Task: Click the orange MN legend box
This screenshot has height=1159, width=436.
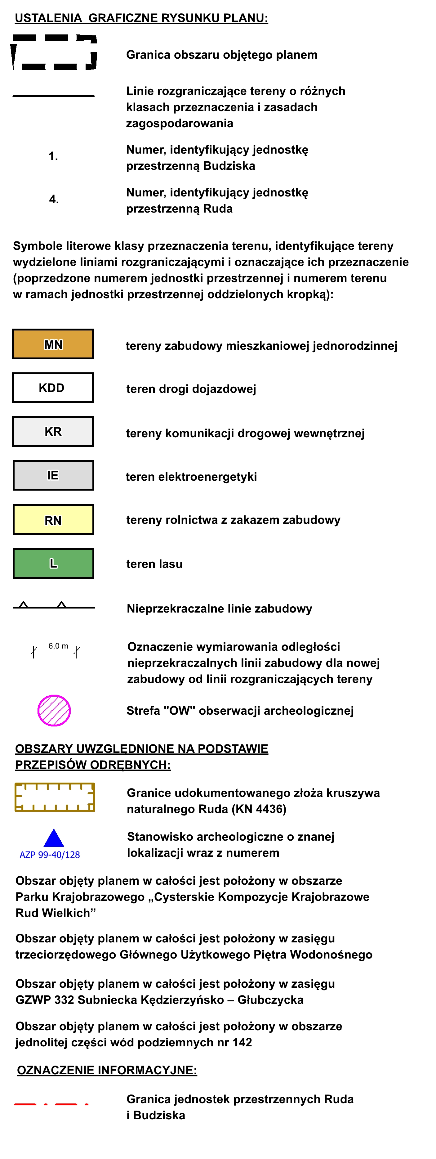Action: point(53,344)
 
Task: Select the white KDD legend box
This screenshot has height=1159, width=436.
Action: point(53,388)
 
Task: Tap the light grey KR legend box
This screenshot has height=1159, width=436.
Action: point(53,431)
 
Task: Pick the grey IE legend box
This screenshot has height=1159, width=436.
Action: point(53,475)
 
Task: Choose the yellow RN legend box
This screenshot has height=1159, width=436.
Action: point(53,520)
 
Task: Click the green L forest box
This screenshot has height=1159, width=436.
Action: point(53,563)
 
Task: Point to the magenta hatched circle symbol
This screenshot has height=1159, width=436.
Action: point(54,710)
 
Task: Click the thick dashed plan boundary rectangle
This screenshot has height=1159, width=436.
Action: point(54,53)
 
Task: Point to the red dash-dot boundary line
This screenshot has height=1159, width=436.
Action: point(51,1104)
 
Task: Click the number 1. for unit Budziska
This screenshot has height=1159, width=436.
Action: point(53,156)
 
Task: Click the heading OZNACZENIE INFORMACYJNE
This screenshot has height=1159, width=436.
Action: point(107,1070)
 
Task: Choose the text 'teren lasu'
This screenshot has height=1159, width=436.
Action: point(154,564)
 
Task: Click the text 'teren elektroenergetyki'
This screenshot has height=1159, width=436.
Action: point(191,476)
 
